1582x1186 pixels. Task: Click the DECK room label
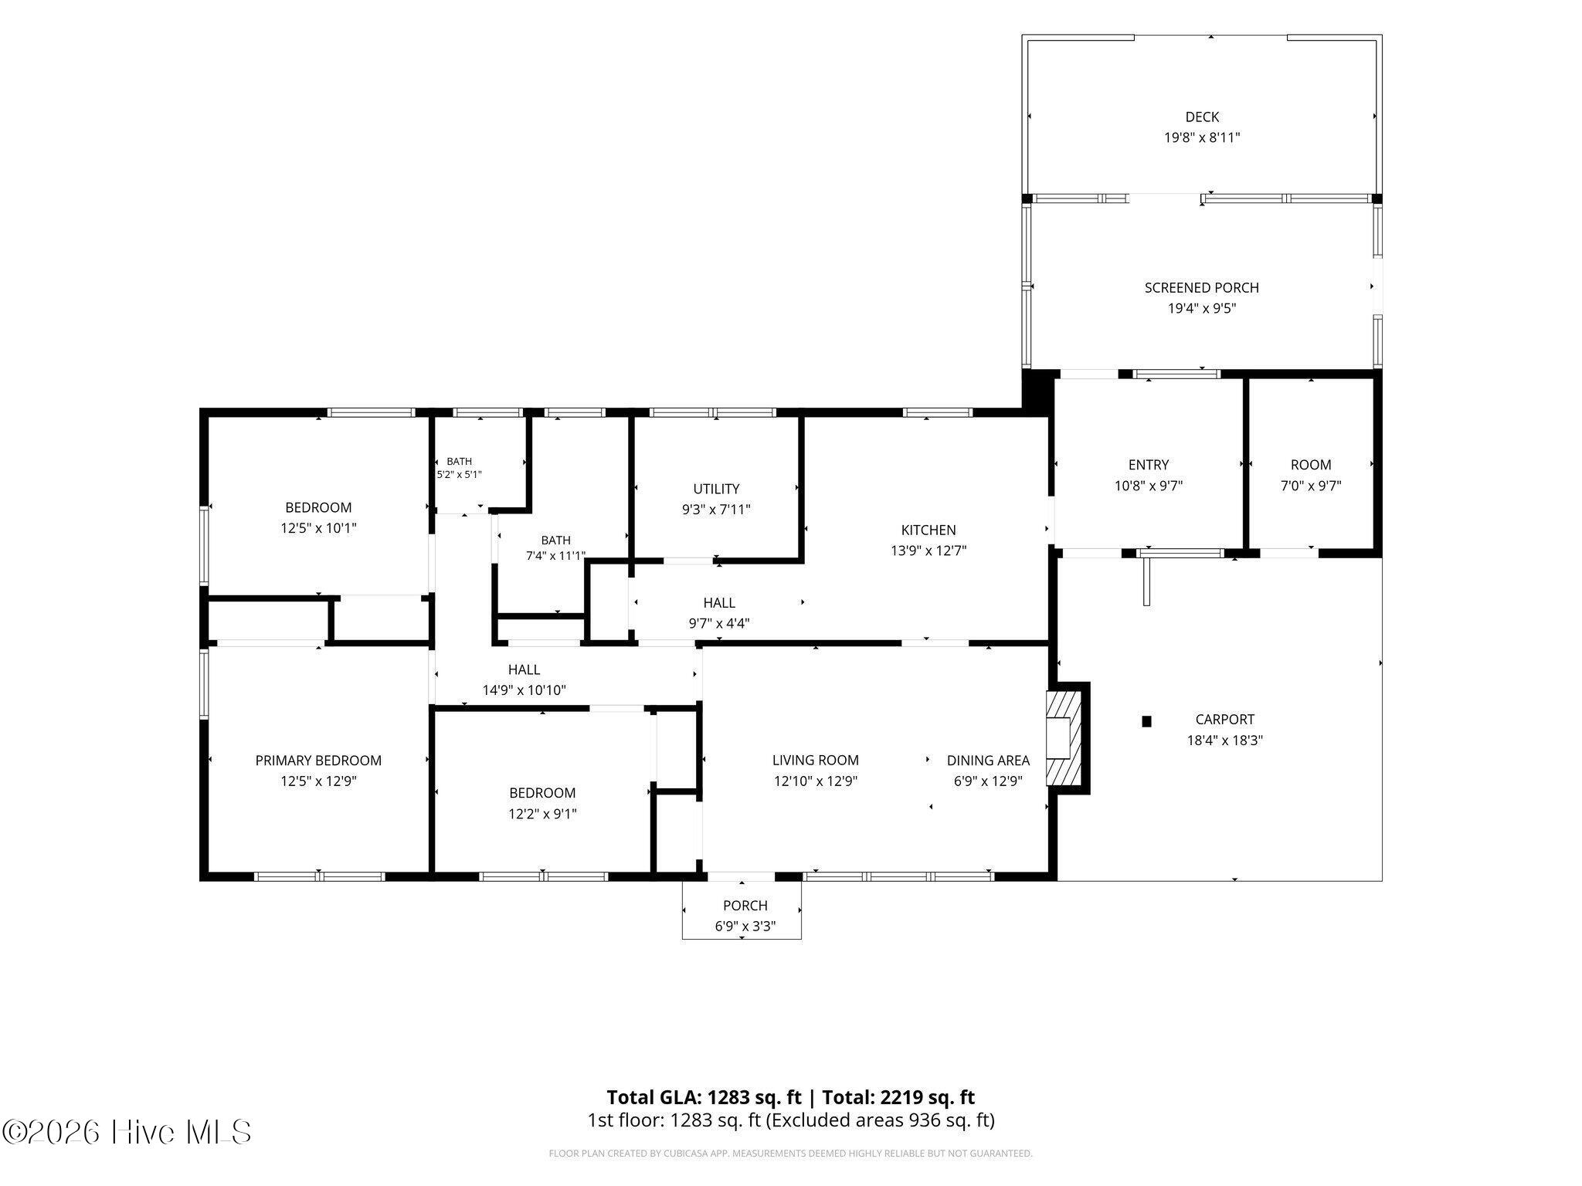click(1202, 117)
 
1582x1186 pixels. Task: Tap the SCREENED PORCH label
click(1201, 288)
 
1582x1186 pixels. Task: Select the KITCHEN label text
click(928, 530)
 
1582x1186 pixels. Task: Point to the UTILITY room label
click(716, 489)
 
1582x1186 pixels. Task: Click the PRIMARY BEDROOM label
click(318, 761)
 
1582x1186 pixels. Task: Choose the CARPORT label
click(1225, 720)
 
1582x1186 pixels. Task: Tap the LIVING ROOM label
click(816, 761)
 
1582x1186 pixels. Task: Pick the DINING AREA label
click(988, 761)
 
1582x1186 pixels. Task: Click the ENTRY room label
click(1149, 465)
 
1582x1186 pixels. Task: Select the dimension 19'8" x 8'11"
click(1202, 138)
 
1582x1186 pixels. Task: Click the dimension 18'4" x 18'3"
click(1225, 740)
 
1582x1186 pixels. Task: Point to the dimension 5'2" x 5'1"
click(460, 475)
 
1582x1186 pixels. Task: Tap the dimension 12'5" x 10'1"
click(318, 528)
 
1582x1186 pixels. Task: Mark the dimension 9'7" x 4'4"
click(719, 623)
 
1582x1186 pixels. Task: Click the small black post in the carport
click(1146, 721)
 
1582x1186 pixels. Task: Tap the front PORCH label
click(745, 906)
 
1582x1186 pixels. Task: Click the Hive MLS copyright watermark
click(127, 1132)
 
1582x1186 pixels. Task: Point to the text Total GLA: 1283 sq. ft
click(704, 1097)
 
